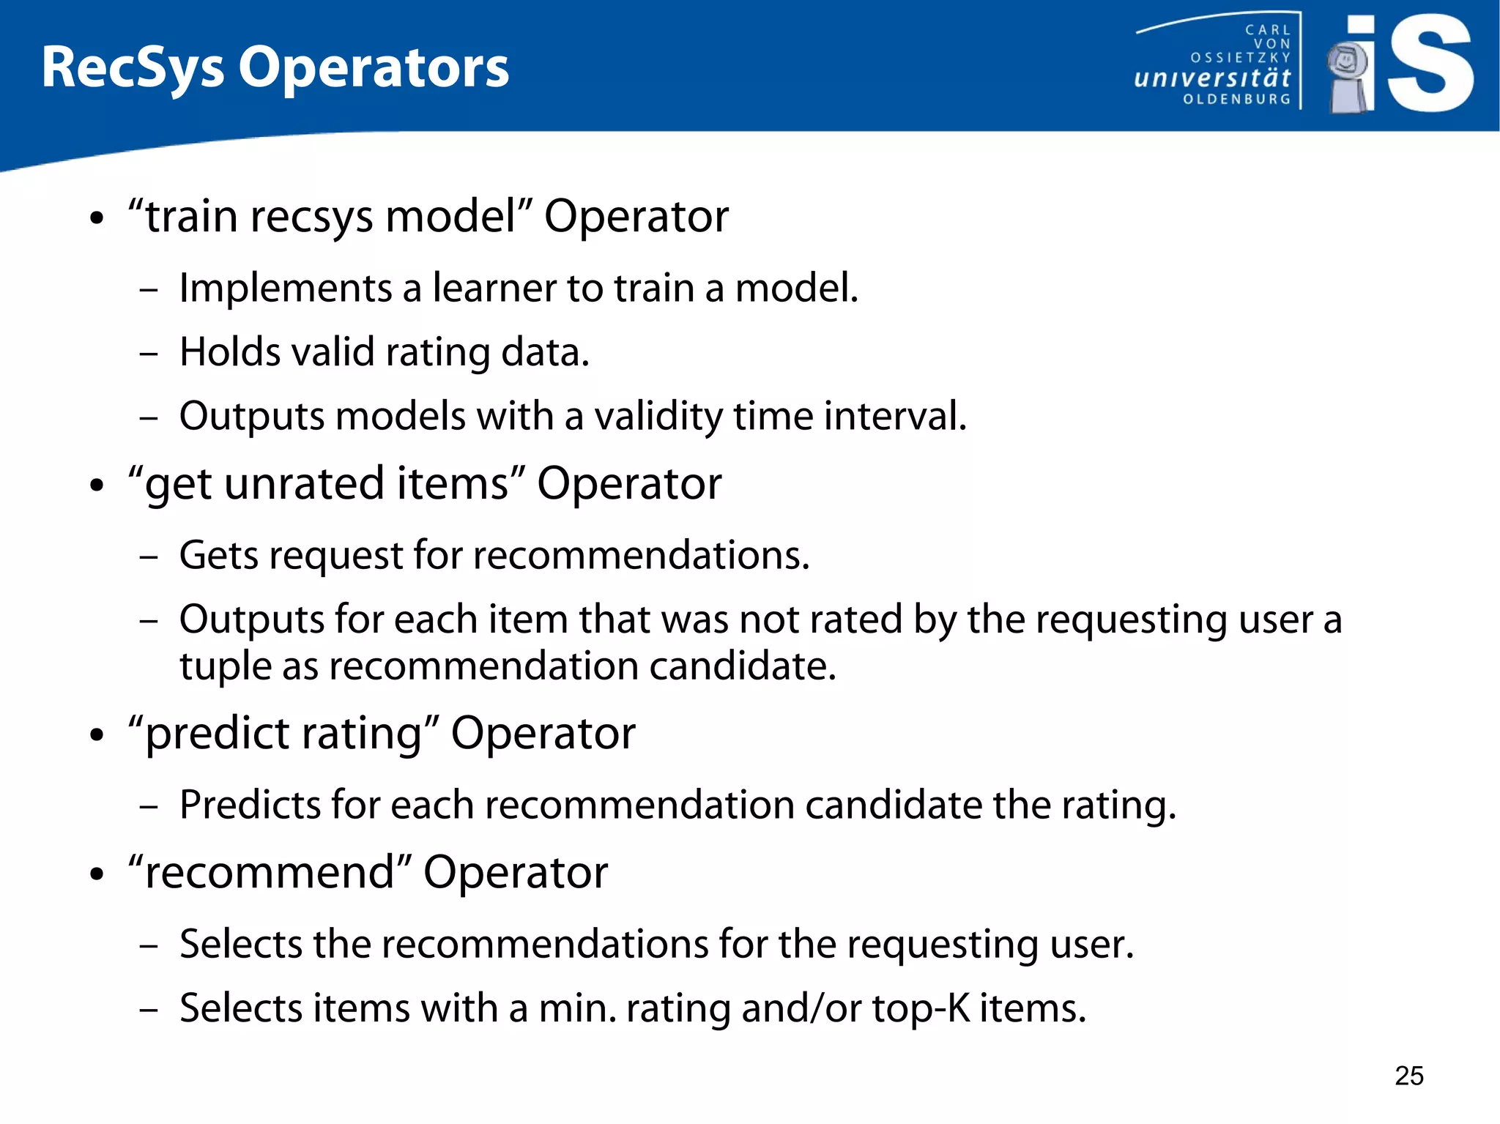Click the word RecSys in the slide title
[133, 68]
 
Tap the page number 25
[1408, 1076]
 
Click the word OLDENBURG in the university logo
[1236, 99]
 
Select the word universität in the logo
[1212, 78]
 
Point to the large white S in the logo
[1430, 64]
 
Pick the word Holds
[229, 352]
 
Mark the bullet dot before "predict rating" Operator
[97, 735]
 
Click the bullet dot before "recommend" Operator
[97, 874]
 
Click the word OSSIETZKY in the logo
[1240, 57]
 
